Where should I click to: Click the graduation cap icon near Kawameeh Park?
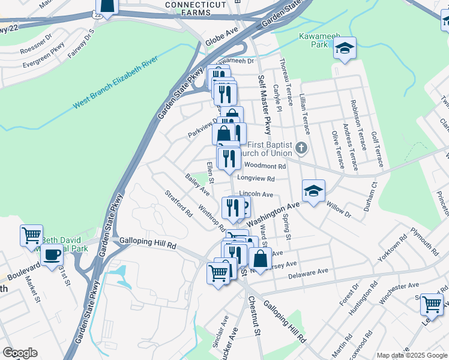[345, 49]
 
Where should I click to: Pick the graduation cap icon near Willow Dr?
[313, 191]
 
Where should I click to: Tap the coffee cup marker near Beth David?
[52, 254]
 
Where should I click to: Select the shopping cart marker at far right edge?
[432, 304]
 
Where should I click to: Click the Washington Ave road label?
[274, 212]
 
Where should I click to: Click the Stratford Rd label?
[178, 203]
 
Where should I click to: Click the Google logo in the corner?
[20, 353]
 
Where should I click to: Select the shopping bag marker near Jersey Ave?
[260, 259]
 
